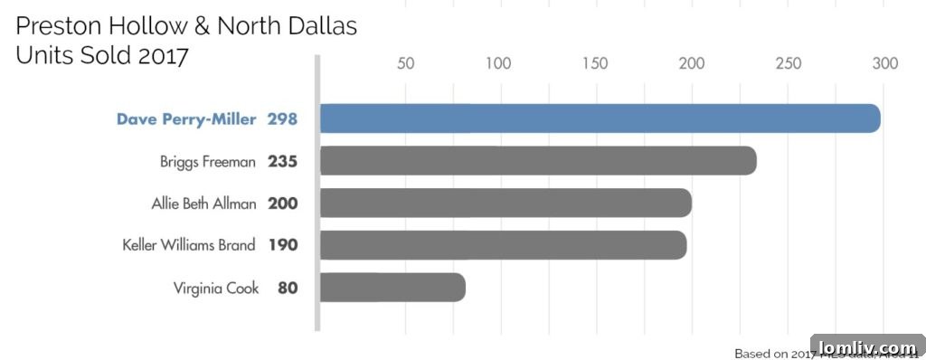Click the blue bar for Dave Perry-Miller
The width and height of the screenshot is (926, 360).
(x=600, y=118)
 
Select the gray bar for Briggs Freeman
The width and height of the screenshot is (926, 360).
(x=538, y=161)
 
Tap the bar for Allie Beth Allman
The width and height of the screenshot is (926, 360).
(x=506, y=204)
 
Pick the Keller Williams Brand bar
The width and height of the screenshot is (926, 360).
(x=503, y=245)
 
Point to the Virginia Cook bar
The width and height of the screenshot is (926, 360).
(x=392, y=288)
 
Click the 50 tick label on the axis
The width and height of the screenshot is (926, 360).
(x=406, y=64)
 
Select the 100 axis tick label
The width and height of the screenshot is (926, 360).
(x=498, y=64)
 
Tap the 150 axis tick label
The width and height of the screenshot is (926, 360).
(x=595, y=64)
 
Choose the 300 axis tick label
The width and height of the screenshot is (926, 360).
(x=884, y=64)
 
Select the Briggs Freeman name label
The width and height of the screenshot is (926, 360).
(x=208, y=162)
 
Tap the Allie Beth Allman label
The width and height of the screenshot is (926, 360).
(x=203, y=204)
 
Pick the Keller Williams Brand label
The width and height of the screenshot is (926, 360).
(x=189, y=245)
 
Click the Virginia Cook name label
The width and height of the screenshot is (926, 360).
(x=216, y=289)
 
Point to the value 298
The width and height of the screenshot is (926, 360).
(x=282, y=119)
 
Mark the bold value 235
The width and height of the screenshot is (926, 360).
(x=282, y=162)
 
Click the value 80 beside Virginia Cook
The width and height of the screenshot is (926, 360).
(x=288, y=289)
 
